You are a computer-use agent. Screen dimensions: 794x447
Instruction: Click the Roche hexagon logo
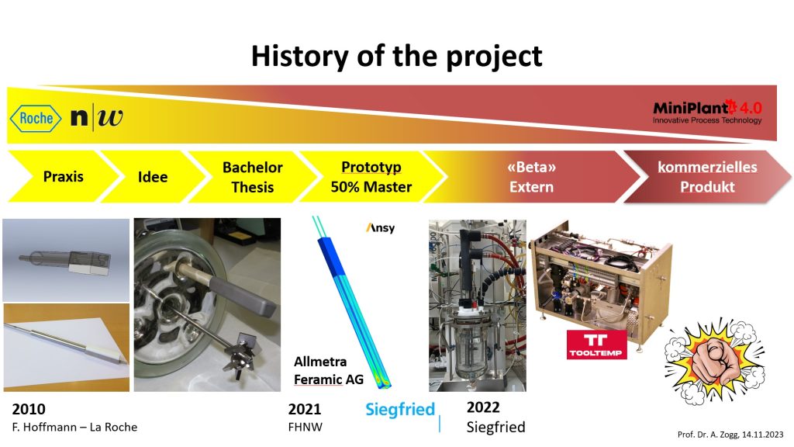click(36, 119)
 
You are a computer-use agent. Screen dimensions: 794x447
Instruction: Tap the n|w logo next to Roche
click(97, 118)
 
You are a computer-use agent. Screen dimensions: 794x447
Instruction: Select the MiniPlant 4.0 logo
click(707, 112)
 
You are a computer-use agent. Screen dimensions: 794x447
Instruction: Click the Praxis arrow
click(64, 176)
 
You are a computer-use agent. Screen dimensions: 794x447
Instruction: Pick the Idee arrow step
click(153, 176)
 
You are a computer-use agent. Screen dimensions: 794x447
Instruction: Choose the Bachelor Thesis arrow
click(253, 177)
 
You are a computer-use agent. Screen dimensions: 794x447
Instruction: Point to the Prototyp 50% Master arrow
click(371, 177)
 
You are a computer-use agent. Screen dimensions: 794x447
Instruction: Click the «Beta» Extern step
click(531, 177)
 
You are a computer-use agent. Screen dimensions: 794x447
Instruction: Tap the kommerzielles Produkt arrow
click(707, 177)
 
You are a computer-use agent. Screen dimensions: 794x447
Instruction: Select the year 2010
click(29, 409)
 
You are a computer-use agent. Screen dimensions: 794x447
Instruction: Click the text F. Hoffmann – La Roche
click(74, 428)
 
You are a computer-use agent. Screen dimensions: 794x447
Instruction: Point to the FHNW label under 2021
click(305, 428)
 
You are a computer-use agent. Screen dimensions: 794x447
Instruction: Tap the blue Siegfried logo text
click(400, 409)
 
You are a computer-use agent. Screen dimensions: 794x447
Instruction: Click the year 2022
click(483, 407)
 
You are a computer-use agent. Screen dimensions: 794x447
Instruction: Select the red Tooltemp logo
click(596, 345)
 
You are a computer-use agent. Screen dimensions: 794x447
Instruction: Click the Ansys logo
click(380, 228)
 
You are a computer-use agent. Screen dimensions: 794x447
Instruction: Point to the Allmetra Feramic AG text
click(329, 370)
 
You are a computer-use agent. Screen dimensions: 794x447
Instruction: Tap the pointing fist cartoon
click(714, 362)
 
